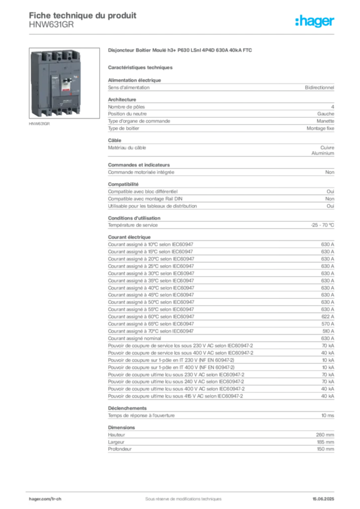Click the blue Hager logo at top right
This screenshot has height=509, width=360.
click(316, 22)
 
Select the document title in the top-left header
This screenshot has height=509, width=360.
click(82, 14)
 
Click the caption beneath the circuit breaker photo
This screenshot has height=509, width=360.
click(40, 125)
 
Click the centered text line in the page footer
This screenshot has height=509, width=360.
click(180, 496)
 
